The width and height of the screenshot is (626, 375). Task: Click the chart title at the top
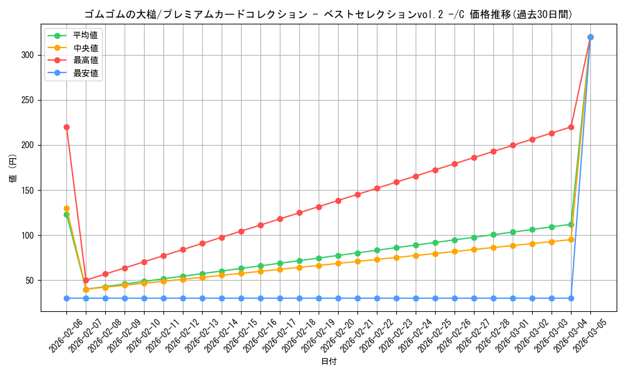pyautogui.click(x=329, y=14)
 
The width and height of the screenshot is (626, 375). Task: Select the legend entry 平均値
pyautogui.click(x=85, y=36)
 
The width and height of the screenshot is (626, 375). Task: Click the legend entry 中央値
pyautogui.click(x=85, y=48)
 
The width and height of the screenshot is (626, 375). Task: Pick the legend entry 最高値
pyautogui.click(x=85, y=61)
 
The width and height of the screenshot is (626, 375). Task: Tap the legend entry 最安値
pyautogui.click(x=85, y=73)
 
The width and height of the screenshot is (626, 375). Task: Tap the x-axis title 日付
pyautogui.click(x=329, y=362)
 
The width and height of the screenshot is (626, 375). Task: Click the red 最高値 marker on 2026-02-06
pyautogui.click(x=66, y=127)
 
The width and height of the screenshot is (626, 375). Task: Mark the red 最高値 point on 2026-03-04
pyautogui.click(x=571, y=127)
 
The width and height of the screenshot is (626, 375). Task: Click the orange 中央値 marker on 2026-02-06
pyautogui.click(x=66, y=208)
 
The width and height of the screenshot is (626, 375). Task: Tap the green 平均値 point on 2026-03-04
pyautogui.click(x=571, y=224)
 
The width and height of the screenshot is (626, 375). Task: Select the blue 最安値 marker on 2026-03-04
pyautogui.click(x=571, y=298)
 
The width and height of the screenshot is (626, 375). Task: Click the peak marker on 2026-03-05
pyautogui.click(x=590, y=37)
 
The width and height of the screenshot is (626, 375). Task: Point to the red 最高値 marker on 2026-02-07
pyautogui.click(x=86, y=280)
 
